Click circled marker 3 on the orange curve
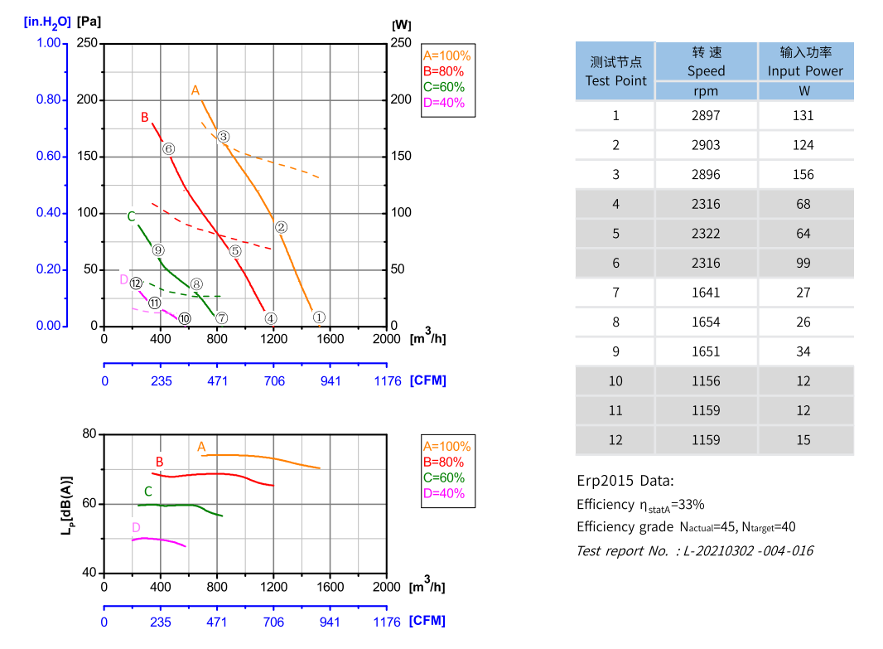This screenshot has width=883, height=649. tap(224, 137)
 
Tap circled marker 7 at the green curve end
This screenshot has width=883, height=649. tap(221, 317)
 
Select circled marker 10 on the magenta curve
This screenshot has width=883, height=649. tap(185, 317)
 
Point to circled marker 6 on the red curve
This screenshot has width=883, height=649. tap(168, 149)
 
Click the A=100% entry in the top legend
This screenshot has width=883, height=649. tap(446, 56)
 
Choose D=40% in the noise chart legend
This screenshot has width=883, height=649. tap(444, 493)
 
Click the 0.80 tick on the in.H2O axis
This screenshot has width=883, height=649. tap(49, 100)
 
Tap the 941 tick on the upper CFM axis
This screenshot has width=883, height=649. tap(331, 380)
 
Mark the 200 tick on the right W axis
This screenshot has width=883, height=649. tap(401, 99)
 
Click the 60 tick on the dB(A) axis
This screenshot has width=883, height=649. tap(89, 504)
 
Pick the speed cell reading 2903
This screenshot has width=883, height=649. tap(706, 145)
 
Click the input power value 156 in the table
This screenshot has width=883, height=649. tap(803, 175)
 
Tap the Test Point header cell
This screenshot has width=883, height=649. tap(615, 71)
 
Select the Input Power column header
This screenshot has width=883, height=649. tap(805, 62)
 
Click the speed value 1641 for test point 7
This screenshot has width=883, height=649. tap(706, 293)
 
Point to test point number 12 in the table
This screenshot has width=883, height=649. tap(615, 440)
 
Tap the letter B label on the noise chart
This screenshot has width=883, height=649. tap(160, 462)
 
